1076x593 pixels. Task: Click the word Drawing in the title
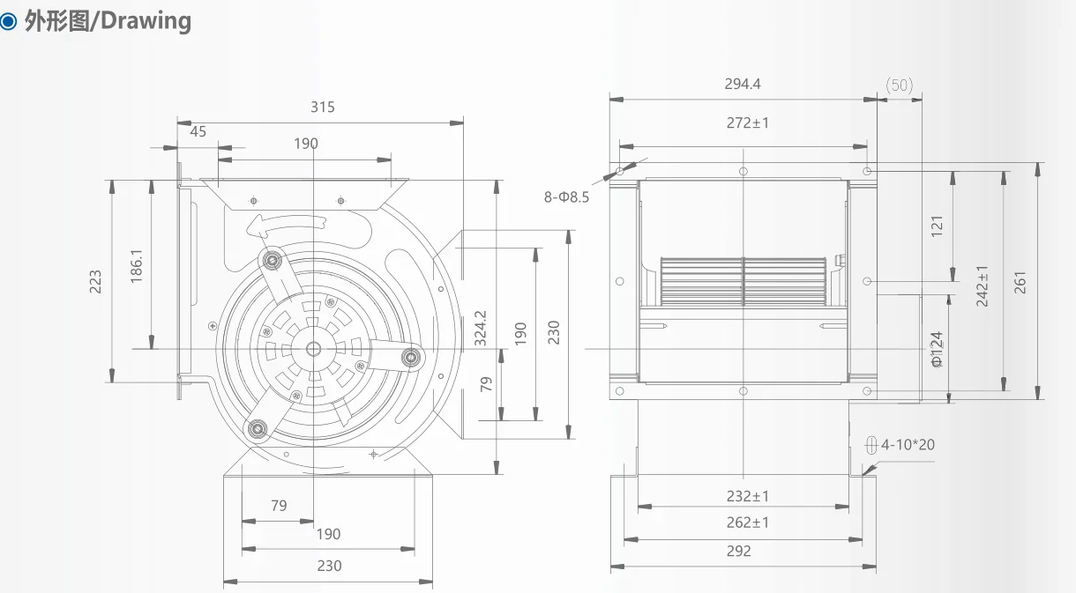tap(146, 20)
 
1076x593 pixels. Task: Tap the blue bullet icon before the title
tap(10, 21)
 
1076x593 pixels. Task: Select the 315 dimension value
tap(323, 107)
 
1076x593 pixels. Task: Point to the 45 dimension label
tap(198, 131)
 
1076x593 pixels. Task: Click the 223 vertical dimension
tap(96, 282)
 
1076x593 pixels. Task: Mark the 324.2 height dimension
tap(481, 327)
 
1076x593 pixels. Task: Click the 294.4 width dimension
tap(743, 84)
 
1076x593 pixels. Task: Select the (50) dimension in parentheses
tap(899, 85)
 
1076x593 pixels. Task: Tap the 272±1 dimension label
tap(747, 122)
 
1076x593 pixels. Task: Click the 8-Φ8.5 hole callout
tap(566, 197)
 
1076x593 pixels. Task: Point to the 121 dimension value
tap(937, 225)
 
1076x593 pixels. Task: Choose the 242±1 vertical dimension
tap(983, 285)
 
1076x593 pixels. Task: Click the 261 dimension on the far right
tap(1021, 282)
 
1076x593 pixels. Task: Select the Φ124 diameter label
tap(937, 349)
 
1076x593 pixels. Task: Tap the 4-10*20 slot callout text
tap(909, 444)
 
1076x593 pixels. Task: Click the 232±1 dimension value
tap(747, 496)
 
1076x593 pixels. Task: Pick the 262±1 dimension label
tap(747, 522)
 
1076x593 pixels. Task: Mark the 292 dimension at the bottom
tap(739, 551)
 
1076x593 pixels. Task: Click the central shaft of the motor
tap(314, 348)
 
